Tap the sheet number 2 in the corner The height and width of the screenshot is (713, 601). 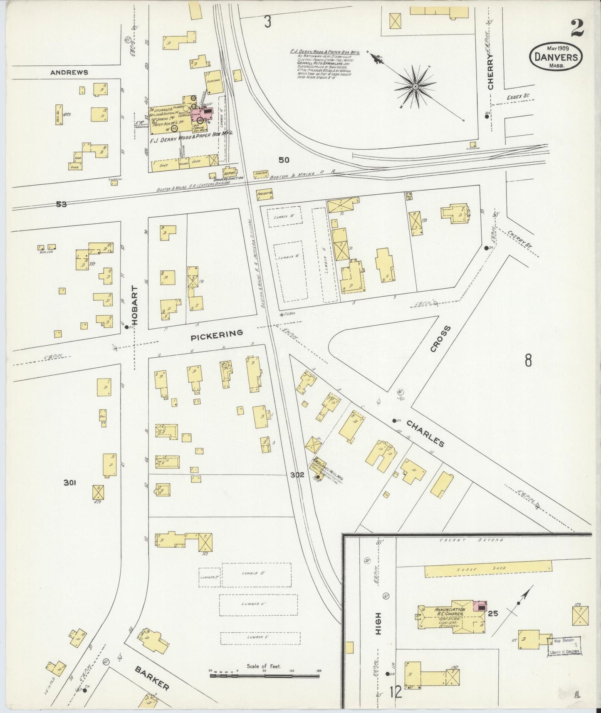[x=577, y=28]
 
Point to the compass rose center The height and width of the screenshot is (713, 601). [x=415, y=87]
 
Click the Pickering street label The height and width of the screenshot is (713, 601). [x=216, y=334]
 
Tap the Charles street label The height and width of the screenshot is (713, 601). [x=425, y=433]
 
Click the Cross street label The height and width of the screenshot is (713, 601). [x=440, y=339]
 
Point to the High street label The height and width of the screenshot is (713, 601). [x=378, y=624]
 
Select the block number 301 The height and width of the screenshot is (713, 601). [x=69, y=483]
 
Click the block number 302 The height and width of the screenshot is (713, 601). [x=297, y=475]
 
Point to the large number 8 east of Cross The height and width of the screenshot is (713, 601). [x=528, y=360]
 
